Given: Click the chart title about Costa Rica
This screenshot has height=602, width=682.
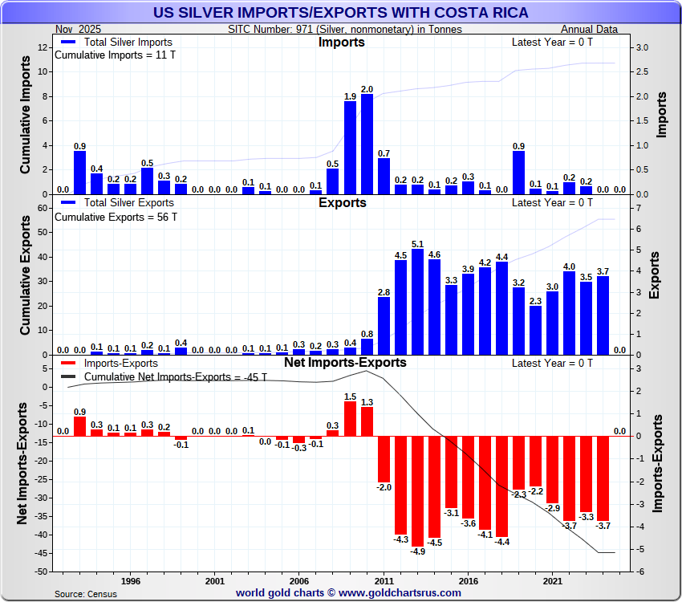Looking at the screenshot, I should pyautogui.click(x=340, y=13).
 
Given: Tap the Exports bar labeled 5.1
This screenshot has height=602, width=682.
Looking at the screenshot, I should pyautogui.click(x=417, y=302).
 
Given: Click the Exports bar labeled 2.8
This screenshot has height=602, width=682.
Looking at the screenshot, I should pyautogui.click(x=384, y=326).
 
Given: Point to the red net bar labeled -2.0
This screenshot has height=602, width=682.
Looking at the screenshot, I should pyautogui.click(x=384, y=458).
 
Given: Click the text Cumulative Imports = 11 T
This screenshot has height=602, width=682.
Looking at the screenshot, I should pyautogui.click(x=115, y=55).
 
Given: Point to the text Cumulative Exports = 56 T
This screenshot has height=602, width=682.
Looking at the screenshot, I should pyautogui.click(x=115, y=217).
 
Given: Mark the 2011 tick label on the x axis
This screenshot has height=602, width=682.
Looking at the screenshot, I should pyautogui.click(x=384, y=580).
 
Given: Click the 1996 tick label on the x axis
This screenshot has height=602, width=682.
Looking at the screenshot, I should pyautogui.click(x=131, y=580).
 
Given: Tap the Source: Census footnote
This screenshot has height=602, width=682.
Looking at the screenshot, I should pyautogui.click(x=85, y=594).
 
